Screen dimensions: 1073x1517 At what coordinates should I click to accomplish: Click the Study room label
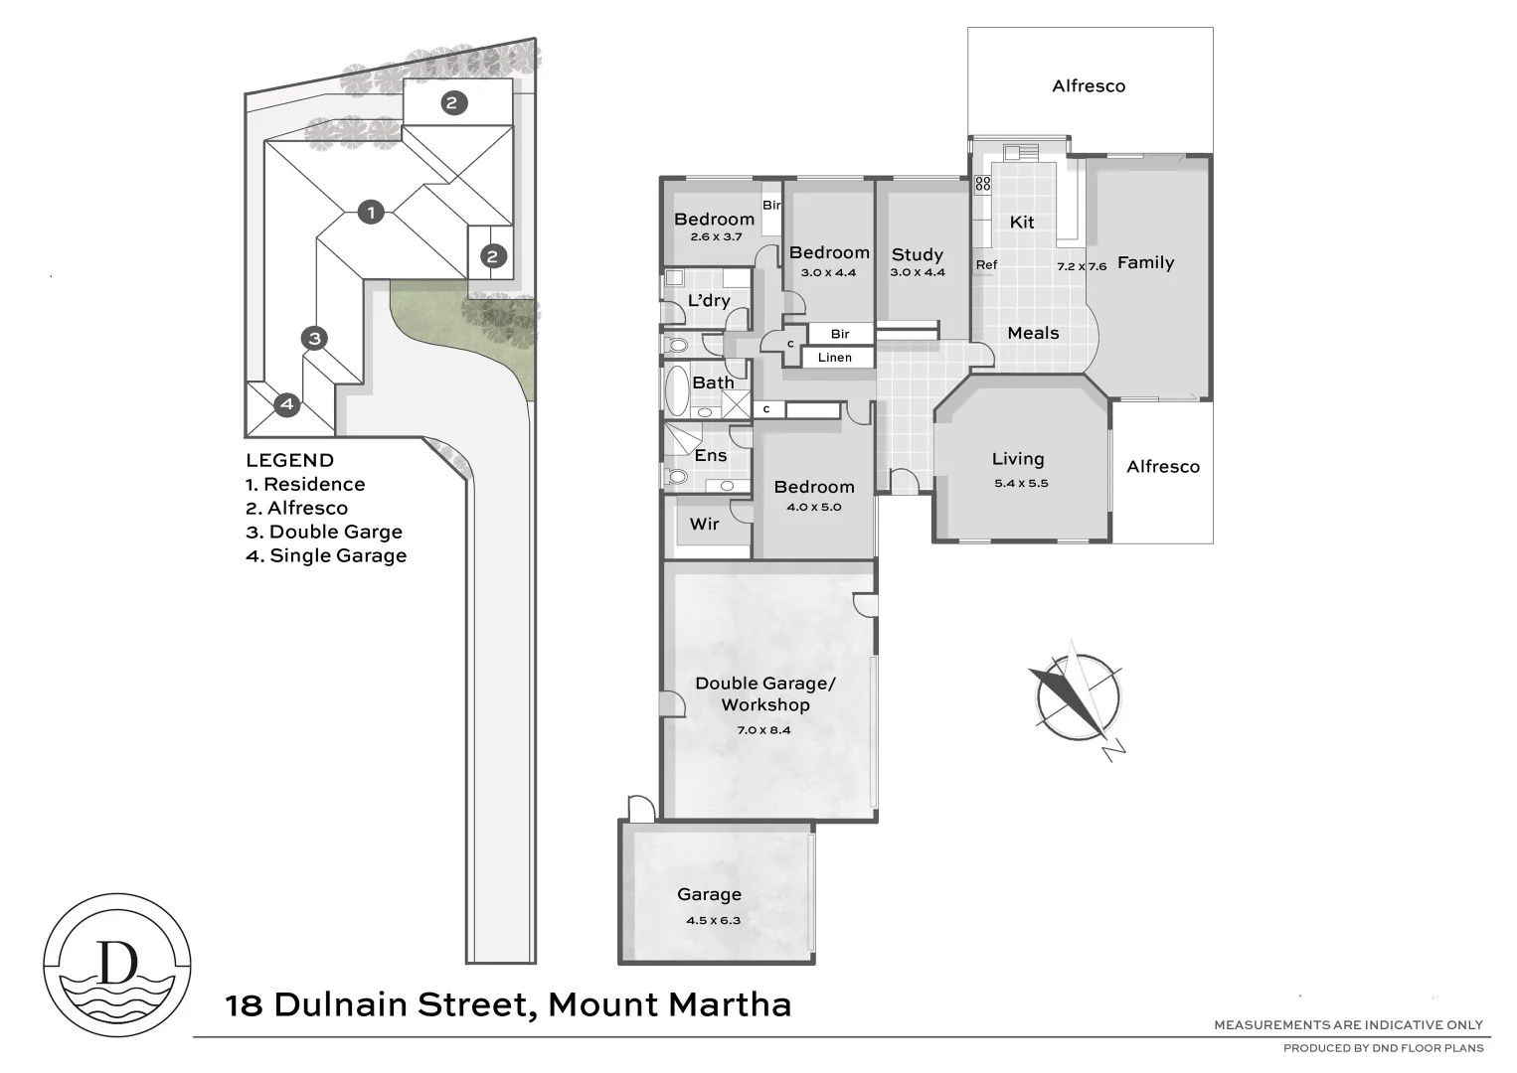click(917, 254)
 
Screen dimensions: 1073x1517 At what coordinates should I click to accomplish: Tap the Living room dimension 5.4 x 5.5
click(1021, 484)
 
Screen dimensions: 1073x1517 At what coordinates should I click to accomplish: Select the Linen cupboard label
click(834, 358)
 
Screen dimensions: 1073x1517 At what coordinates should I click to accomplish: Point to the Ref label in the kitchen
click(986, 265)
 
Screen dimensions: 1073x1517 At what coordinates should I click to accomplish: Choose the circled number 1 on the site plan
click(371, 212)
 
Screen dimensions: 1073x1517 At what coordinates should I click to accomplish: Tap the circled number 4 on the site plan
click(286, 404)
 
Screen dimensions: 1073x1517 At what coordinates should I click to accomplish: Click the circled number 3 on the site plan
click(314, 338)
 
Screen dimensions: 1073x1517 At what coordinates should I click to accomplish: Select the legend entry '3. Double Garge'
click(323, 532)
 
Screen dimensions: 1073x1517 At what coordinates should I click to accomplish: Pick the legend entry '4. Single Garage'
click(326, 555)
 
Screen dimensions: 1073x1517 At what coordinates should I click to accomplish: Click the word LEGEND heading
click(289, 460)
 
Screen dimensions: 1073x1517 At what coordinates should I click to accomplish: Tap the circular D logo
click(118, 965)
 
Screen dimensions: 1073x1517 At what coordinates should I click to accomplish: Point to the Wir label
click(704, 524)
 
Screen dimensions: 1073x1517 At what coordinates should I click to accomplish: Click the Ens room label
click(710, 455)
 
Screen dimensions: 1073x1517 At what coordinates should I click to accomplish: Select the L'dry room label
click(709, 300)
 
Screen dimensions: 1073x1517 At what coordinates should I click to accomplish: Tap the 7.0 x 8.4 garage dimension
click(763, 730)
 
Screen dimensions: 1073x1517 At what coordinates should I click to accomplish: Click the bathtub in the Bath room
click(676, 390)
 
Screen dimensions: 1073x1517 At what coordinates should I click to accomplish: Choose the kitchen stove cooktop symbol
click(982, 184)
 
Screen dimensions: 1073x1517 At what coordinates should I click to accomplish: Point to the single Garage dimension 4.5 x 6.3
click(713, 920)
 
